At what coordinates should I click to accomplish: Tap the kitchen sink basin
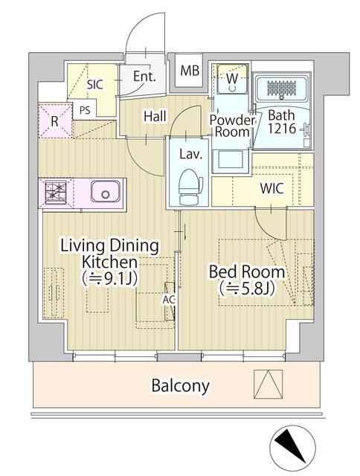point(106,191)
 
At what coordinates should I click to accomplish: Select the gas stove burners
point(56,192)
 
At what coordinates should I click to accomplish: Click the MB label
point(190,71)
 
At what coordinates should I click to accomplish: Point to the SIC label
point(95,85)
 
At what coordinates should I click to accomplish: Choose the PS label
point(85,110)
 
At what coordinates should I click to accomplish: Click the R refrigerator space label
point(54,121)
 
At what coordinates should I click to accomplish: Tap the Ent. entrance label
point(144,77)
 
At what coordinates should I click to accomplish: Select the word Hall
point(155,116)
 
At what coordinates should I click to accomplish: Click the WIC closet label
point(272,188)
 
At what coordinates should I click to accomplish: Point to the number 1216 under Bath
point(281,129)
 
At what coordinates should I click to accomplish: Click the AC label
point(169,300)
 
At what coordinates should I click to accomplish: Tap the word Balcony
point(181,385)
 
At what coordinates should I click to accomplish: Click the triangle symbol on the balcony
point(269,384)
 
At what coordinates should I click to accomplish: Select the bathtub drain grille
point(281,88)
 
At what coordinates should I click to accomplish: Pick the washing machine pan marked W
point(232,79)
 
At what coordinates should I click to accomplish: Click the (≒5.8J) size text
point(247,288)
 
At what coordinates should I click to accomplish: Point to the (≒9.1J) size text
point(110,277)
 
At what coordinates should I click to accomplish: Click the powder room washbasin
point(231,159)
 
